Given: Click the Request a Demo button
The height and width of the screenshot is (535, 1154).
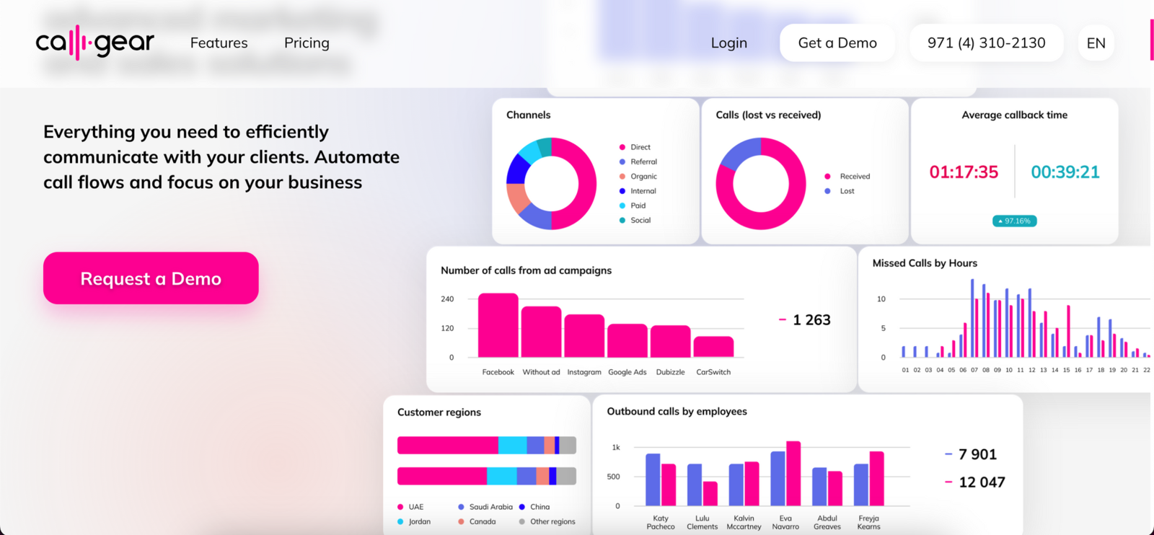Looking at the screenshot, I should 151,278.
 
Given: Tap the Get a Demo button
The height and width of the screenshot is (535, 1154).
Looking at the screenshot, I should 837,43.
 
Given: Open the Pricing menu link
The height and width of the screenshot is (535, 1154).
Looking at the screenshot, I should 307,43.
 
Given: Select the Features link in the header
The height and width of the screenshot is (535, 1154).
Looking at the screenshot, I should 219,43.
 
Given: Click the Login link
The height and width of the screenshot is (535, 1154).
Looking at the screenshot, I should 728,43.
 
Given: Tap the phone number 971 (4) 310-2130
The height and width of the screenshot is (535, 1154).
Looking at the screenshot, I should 986,43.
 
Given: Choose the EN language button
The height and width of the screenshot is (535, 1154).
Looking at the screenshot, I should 1096,43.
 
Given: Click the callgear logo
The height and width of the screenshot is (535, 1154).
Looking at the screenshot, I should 94,43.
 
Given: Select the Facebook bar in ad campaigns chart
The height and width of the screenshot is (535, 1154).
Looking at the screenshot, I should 498,325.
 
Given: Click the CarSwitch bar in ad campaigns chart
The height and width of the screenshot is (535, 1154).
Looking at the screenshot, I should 713,347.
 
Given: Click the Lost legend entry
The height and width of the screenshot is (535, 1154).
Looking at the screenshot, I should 847,191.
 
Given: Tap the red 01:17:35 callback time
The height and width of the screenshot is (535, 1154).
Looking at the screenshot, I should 964,172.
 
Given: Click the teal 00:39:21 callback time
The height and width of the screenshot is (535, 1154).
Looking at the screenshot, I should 1065,172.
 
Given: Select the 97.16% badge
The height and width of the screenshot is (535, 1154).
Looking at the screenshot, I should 1014,221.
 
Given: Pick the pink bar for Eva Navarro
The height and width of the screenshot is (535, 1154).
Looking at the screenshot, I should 793,473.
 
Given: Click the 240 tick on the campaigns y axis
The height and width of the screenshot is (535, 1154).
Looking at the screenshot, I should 447,299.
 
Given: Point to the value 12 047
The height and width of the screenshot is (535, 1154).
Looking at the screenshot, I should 982,482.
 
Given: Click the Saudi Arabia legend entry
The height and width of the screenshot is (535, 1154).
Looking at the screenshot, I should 490,507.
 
